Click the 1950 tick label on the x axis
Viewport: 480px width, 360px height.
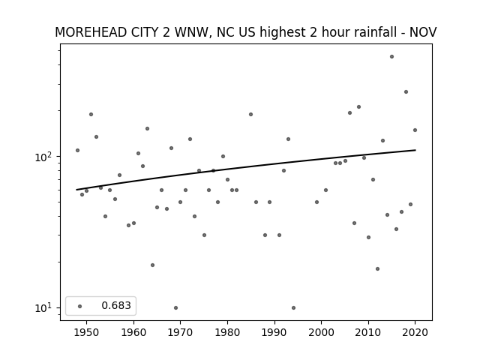(x=87, y=332)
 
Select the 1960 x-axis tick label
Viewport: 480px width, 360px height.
(x=133, y=332)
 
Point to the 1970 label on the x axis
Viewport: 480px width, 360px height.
(x=180, y=332)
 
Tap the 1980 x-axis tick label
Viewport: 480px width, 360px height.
(x=227, y=332)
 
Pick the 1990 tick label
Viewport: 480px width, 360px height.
(x=274, y=332)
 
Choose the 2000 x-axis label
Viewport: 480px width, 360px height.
(x=322, y=332)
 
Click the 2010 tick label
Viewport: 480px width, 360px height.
(x=368, y=332)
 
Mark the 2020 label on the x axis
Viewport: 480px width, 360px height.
(x=415, y=332)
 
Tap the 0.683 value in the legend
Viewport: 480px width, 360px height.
(x=116, y=305)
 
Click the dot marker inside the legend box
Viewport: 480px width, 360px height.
(x=80, y=306)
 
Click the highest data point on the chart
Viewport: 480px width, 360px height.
(x=391, y=57)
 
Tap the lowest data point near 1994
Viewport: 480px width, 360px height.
(x=293, y=307)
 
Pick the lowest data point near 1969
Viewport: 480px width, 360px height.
(x=175, y=307)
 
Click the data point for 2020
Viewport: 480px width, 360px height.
(x=415, y=130)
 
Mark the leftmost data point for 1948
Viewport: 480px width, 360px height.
(x=77, y=150)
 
